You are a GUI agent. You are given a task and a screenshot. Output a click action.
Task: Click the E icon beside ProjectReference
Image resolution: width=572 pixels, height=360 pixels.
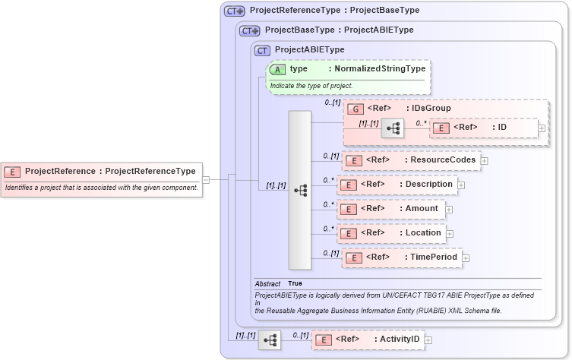(x=13, y=171)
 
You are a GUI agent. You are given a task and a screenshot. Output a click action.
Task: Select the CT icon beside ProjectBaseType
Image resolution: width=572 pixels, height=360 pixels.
(x=249, y=30)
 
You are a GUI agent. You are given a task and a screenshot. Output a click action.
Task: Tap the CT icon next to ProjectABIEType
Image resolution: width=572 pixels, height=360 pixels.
(x=263, y=50)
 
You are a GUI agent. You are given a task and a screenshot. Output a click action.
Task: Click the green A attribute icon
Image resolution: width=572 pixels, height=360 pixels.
(x=277, y=68)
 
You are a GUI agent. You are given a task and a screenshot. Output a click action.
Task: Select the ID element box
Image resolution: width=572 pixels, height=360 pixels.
(x=483, y=128)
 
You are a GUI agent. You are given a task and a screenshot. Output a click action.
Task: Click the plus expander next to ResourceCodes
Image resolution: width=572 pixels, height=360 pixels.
(x=484, y=160)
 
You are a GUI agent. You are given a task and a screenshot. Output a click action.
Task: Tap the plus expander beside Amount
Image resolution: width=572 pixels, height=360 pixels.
(x=449, y=209)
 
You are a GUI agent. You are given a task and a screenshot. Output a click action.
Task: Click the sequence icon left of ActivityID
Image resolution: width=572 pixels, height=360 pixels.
(x=269, y=339)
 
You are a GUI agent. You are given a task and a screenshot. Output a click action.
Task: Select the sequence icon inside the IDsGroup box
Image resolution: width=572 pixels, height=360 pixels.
(x=392, y=128)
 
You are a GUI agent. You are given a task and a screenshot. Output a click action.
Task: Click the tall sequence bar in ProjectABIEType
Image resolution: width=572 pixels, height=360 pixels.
(x=299, y=190)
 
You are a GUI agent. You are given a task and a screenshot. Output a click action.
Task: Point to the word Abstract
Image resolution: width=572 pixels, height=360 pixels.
(x=267, y=283)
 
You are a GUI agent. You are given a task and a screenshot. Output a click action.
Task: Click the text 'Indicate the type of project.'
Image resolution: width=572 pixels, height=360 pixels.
(x=311, y=86)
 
